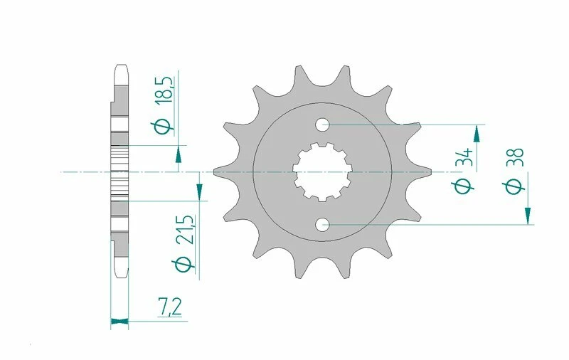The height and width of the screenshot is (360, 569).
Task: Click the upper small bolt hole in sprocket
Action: click(x=324, y=125)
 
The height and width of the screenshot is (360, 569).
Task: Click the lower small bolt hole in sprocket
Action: click(x=324, y=226)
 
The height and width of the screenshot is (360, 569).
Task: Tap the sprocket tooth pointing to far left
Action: click(x=218, y=172)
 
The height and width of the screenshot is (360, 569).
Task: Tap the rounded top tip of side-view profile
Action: click(x=120, y=68)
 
